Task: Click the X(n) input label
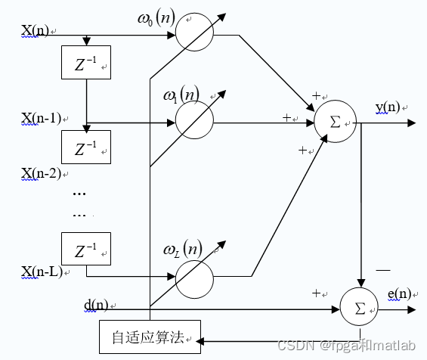(x=36, y=31)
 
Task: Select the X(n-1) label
(x=41, y=119)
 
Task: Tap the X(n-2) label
(x=41, y=172)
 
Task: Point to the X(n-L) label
(x=42, y=271)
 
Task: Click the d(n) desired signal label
(x=96, y=305)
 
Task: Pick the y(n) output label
(x=387, y=107)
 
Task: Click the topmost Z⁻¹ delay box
(x=85, y=62)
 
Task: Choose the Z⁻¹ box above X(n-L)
(x=85, y=248)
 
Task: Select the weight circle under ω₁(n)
(x=194, y=119)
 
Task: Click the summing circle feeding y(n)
(x=335, y=121)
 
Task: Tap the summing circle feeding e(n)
(x=360, y=307)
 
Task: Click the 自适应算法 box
(x=151, y=337)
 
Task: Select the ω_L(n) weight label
(x=181, y=249)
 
